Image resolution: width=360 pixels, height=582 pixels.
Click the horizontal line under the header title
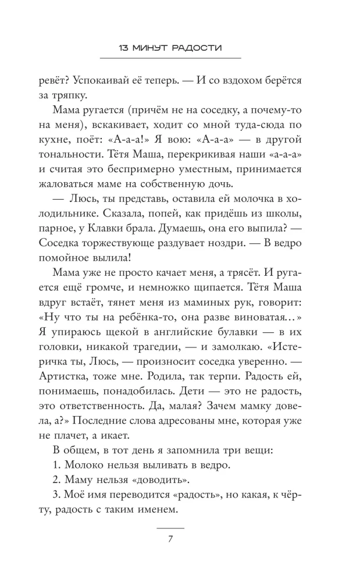click(x=170, y=58)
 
